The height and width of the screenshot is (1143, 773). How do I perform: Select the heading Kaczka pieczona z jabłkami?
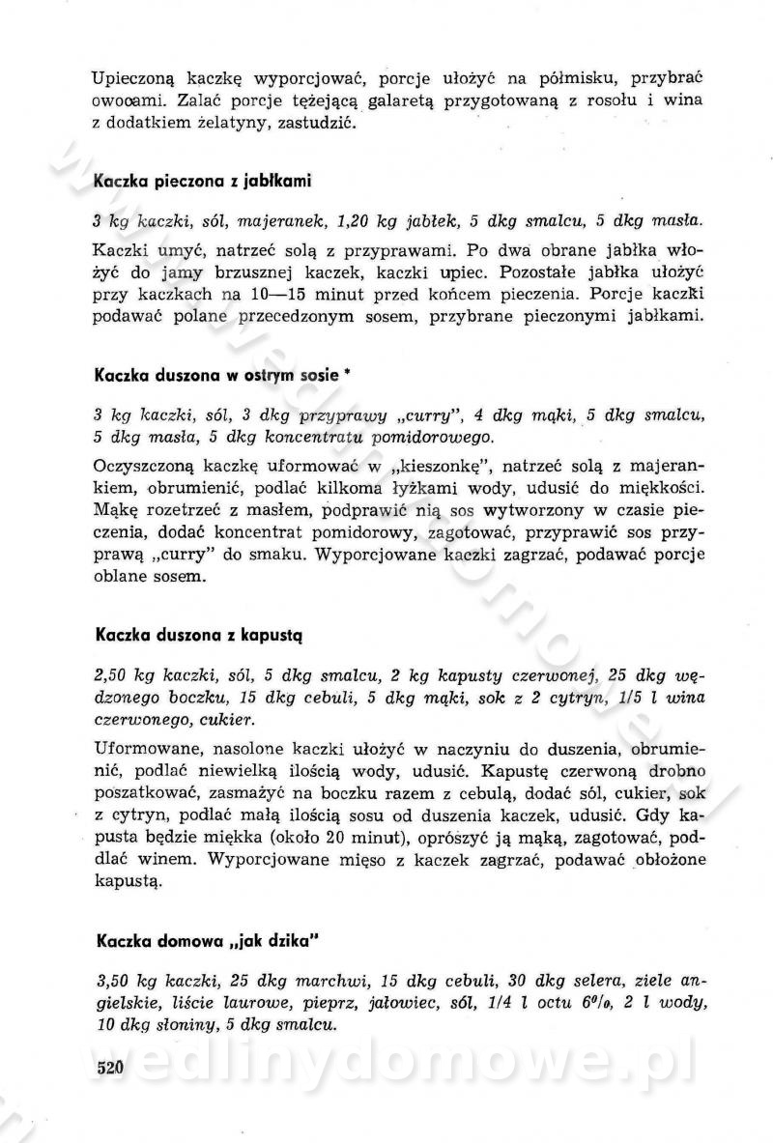pyautogui.click(x=201, y=181)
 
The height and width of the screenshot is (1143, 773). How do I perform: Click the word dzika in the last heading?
pyautogui.click(x=289, y=938)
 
